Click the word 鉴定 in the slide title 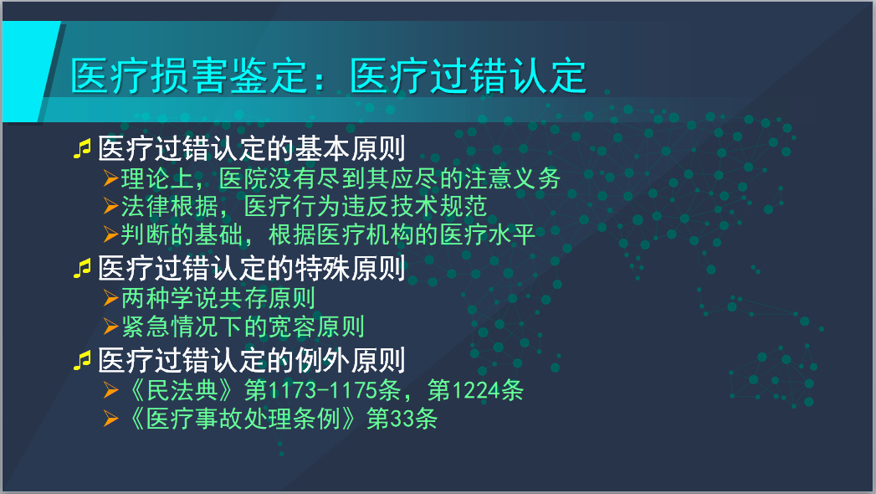[269, 76]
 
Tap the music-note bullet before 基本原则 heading [82, 150]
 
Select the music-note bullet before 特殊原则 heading [82, 269]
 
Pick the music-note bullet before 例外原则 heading [82, 361]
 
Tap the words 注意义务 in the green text [512, 179]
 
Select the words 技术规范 [439, 206]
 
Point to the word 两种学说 [170, 298]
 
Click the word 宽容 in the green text [292, 327]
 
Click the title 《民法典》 [182, 390]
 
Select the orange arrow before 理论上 [110, 179]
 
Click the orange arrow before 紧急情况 [110, 327]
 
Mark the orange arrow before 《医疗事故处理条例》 [110, 419]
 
